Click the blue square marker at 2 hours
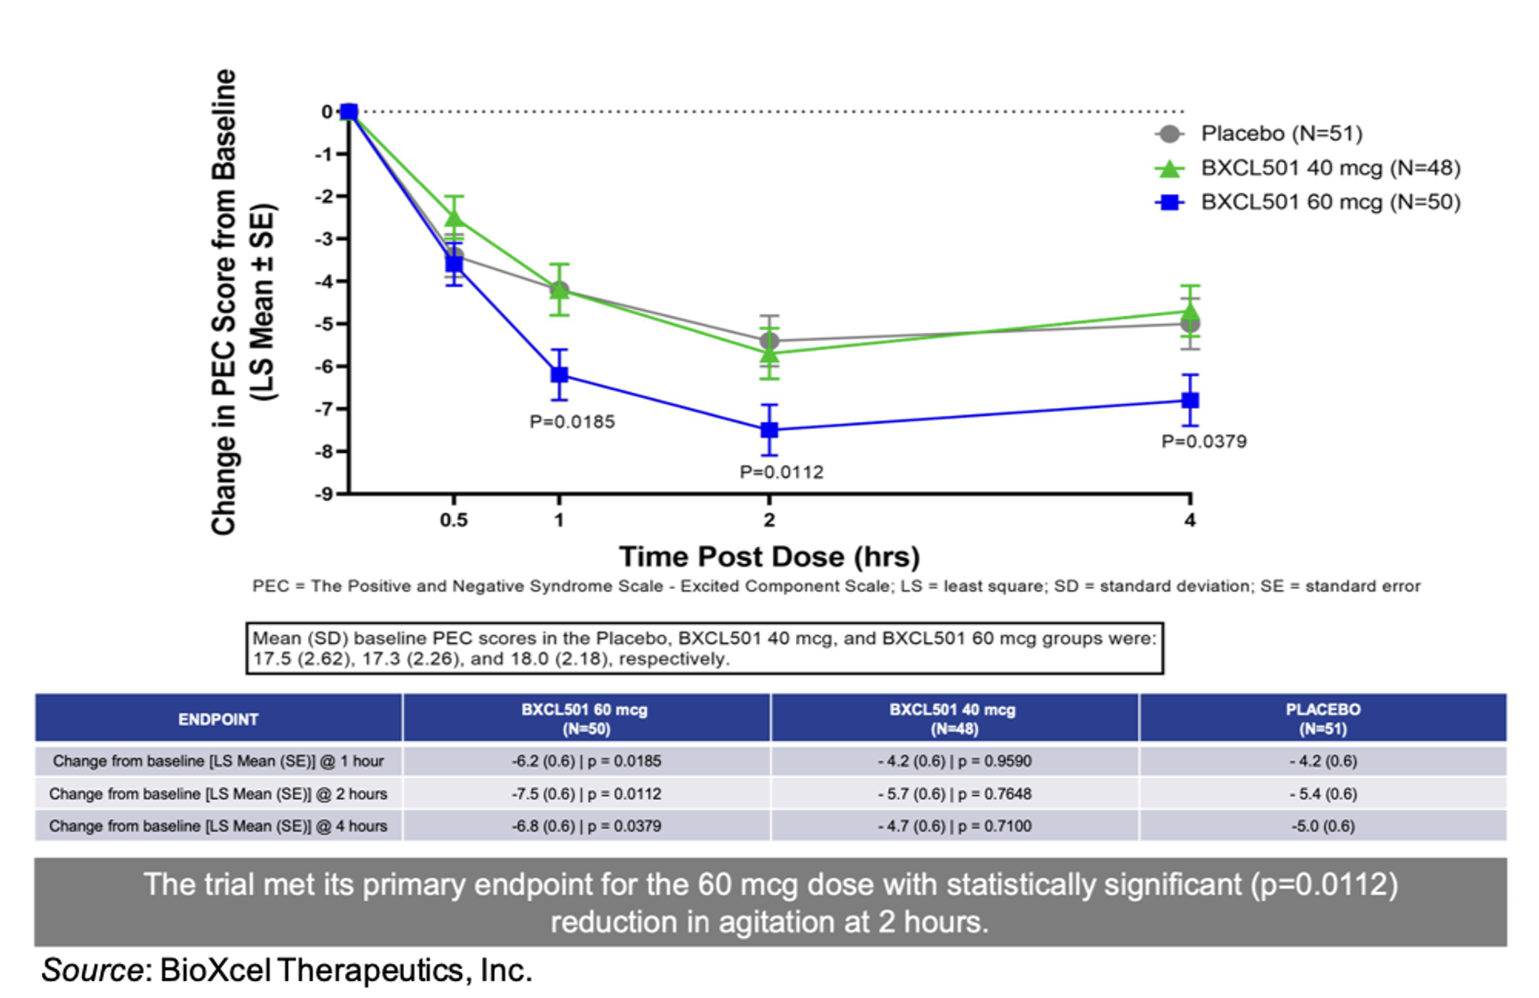click(769, 430)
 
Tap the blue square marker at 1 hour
click(559, 374)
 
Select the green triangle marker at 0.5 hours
click(454, 219)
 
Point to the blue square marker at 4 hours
click(1189, 400)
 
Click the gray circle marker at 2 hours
click(769, 341)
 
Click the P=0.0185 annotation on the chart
click(572, 422)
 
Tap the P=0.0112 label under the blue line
click(781, 472)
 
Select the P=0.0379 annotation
click(1203, 442)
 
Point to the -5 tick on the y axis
click(324, 324)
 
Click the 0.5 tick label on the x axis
click(453, 520)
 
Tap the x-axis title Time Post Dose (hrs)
click(769, 556)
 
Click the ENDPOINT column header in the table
click(217, 719)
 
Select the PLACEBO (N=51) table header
click(1322, 719)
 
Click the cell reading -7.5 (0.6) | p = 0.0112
click(586, 793)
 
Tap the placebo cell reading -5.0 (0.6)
click(1322, 826)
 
